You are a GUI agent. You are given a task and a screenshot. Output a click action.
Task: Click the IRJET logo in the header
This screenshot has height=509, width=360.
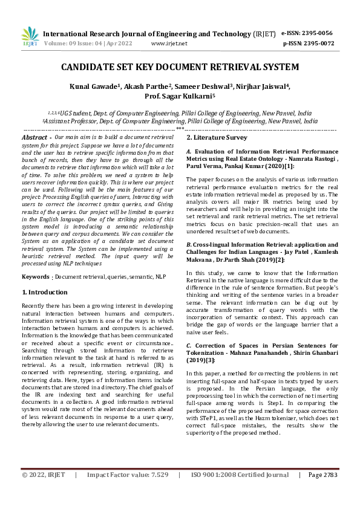(30, 37)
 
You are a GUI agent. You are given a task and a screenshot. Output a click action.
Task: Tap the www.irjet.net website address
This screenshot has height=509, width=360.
(169, 44)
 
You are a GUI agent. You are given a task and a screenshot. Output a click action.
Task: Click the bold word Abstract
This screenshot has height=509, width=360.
(36, 138)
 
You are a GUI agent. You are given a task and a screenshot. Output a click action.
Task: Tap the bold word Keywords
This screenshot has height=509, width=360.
(36, 277)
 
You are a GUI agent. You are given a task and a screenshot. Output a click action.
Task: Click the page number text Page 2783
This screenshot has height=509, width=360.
(322, 491)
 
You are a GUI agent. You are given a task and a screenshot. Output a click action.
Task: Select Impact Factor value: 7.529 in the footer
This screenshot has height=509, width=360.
(128, 491)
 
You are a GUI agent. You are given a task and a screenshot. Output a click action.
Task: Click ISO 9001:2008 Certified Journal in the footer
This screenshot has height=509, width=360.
(240, 491)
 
